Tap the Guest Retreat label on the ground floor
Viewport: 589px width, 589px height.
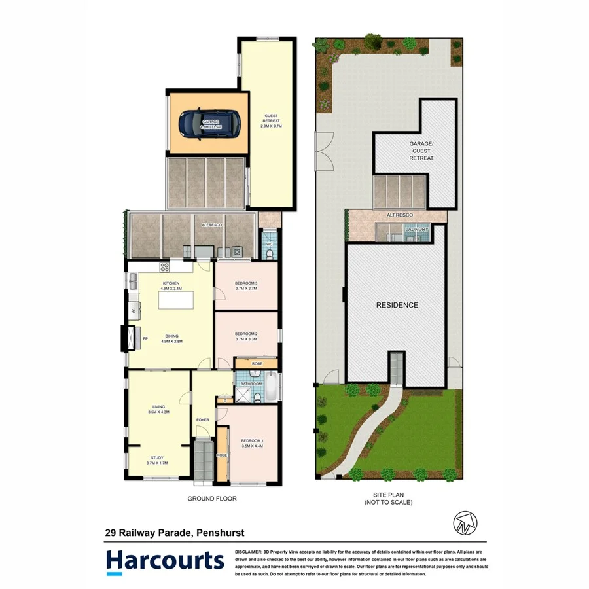coord(271,117)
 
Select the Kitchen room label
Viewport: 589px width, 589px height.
coord(171,283)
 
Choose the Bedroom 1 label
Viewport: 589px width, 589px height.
coord(251,440)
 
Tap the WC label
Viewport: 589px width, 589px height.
coord(268,244)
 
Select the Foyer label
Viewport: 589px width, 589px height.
coord(203,420)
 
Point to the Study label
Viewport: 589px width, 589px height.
coord(157,458)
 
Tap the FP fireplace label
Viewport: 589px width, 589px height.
coord(145,338)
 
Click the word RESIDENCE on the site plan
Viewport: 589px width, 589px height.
coord(397,305)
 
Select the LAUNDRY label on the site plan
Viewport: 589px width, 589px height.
coord(417,230)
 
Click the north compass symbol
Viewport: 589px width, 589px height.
coord(465,522)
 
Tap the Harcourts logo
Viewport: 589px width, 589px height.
coord(164,562)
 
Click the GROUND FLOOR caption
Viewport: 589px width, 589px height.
coord(212,498)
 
